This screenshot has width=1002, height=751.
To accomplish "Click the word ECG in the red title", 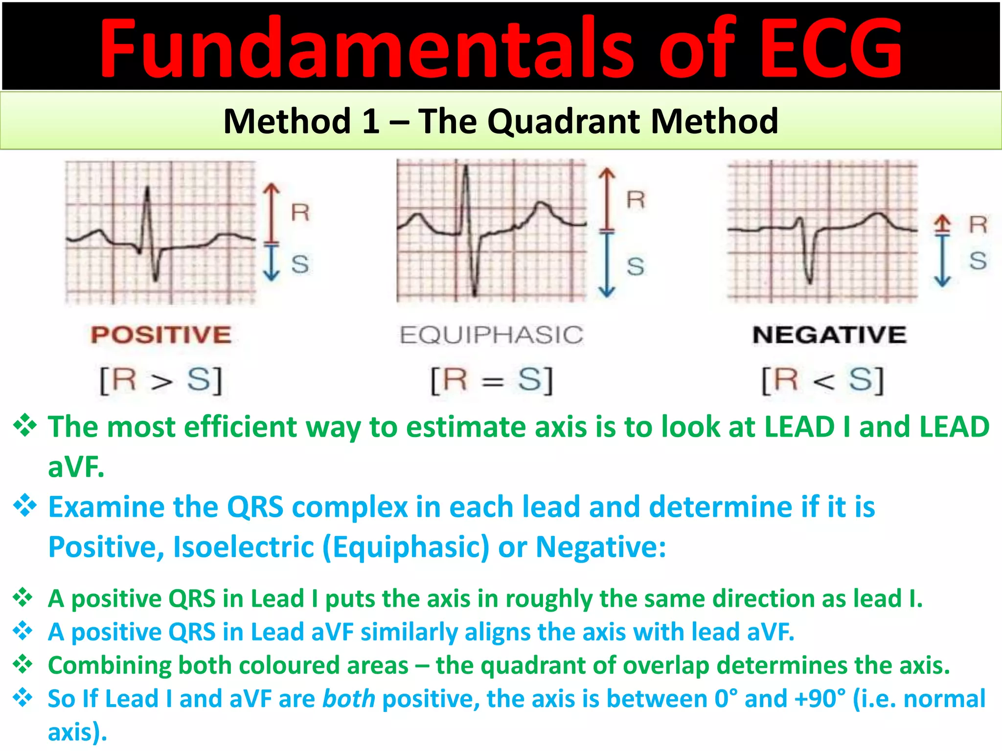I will click(832, 49).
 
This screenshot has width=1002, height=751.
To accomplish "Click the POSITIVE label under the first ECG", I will click(161, 335).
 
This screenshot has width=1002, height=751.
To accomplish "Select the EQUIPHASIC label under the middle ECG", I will click(491, 335).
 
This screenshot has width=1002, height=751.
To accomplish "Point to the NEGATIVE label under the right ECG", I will click(829, 335).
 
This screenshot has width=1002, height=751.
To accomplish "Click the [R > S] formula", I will click(161, 380).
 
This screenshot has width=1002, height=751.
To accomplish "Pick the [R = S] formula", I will click(491, 380).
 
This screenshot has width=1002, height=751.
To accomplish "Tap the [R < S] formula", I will click(822, 380).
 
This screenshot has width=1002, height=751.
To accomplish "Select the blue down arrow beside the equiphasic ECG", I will click(607, 264).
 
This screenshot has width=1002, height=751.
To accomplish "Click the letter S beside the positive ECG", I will click(300, 264).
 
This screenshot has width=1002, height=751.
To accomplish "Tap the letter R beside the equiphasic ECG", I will click(636, 200).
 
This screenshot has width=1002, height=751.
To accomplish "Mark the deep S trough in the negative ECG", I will click(810, 279).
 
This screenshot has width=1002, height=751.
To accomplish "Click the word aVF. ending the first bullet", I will click(76, 467).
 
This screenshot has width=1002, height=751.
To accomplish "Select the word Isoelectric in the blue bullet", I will click(244, 547).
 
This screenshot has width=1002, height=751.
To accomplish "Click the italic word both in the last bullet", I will click(348, 699).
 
